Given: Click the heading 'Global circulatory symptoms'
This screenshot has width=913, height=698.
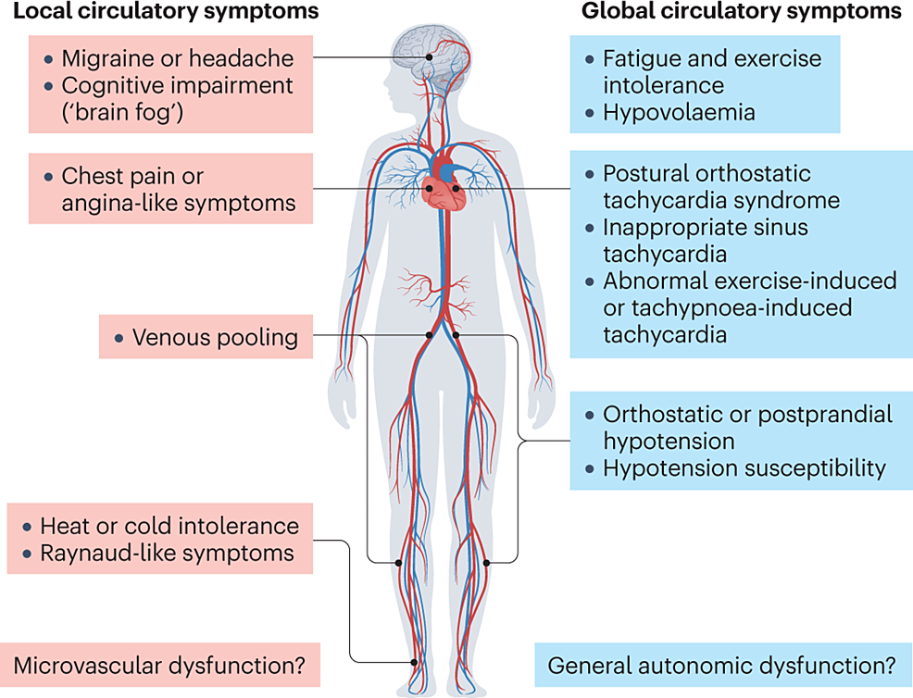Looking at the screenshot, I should (x=740, y=12).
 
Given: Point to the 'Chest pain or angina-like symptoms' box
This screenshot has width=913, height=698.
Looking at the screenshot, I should (x=170, y=189).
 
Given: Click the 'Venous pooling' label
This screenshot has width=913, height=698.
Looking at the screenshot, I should (x=215, y=338).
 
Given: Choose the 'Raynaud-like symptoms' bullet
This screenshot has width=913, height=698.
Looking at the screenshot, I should (x=167, y=554).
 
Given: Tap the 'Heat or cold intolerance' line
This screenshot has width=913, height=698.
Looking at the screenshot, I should (x=169, y=527).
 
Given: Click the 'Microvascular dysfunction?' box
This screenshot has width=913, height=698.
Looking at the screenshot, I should (x=159, y=666).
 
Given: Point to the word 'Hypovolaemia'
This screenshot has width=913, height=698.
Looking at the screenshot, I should (x=679, y=113).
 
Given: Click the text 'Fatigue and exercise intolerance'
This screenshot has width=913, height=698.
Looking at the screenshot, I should (x=711, y=72).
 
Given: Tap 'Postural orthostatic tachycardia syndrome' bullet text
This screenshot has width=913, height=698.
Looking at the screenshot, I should (x=720, y=186).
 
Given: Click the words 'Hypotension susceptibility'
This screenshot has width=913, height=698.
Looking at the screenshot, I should (x=744, y=468).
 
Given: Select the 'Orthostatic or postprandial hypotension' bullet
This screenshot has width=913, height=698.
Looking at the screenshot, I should (x=746, y=428).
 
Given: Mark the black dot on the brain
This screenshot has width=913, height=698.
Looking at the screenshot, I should (x=429, y=57).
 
